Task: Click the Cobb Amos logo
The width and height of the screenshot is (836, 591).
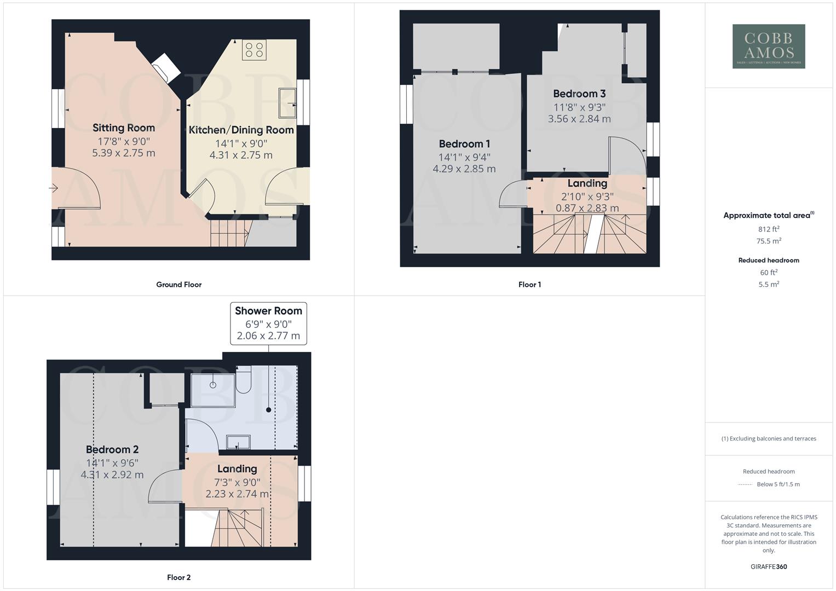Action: pos(769,47)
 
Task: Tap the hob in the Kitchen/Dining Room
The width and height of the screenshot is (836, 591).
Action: pos(254,50)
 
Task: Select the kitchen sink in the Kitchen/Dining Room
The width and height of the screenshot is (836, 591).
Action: pos(287,102)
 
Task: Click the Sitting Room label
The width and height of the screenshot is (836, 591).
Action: pos(124,128)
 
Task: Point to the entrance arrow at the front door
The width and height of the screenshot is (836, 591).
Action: pos(53,188)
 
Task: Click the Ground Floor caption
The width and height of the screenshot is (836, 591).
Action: pos(178,285)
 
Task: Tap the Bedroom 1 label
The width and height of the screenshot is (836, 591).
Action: pos(464,144)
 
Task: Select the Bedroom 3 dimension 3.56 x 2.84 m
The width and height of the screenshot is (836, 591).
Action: pos(579,119)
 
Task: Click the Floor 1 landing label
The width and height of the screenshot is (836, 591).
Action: pos(587,183)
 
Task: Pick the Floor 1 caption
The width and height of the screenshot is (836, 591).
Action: pos(529,285)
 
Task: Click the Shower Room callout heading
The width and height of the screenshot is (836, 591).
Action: pos(268,311)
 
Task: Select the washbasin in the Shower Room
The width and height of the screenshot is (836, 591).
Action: pos(238,442)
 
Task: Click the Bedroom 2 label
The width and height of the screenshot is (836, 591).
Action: pos(112,450)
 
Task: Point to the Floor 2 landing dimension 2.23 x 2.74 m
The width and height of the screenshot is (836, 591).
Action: pos(237,494)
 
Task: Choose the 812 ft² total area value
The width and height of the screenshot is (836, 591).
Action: pos(769,229)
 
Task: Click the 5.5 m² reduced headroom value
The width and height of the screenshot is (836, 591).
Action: pos(769,285)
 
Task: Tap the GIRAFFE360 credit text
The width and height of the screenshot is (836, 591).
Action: pos(769,567)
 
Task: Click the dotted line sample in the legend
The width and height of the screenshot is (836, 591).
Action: pos(745,485)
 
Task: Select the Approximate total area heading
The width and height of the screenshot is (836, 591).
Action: pos(768,216)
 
